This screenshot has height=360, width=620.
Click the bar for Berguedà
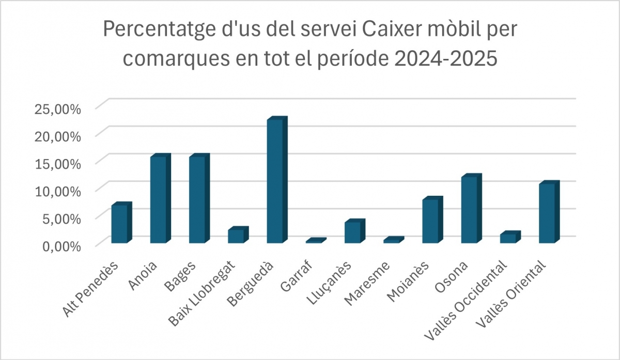(275, 181)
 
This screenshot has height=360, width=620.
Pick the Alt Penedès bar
(119, 224)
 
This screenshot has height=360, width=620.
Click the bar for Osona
(469, 210)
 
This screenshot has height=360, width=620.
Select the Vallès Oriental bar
(547, 213)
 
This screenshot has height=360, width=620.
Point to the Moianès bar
(430, 221)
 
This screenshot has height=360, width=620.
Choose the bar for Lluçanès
(352, 232)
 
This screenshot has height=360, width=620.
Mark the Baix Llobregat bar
(236, 236)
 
